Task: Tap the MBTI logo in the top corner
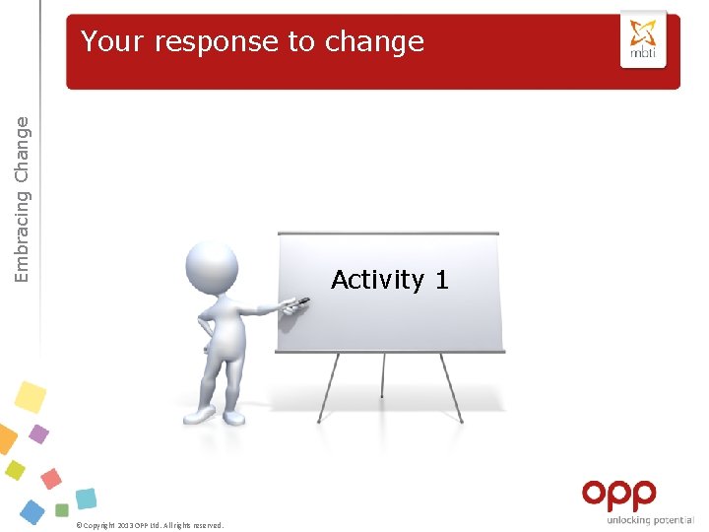(x=643, y=40)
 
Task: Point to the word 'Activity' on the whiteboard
(x=378, y=280)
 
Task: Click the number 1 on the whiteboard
(x=441, y=280)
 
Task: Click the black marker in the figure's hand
(x=296, y=306)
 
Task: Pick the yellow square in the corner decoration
(x=31, y=397)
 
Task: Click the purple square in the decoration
(x=38, y=433)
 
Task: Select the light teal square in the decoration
(x=86, y=499)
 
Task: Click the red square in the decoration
(x=50, y=479)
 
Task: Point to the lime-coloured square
(x=15, y=470)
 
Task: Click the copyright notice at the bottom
(x=150, y=525)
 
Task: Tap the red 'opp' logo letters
(x=618, y=495)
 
